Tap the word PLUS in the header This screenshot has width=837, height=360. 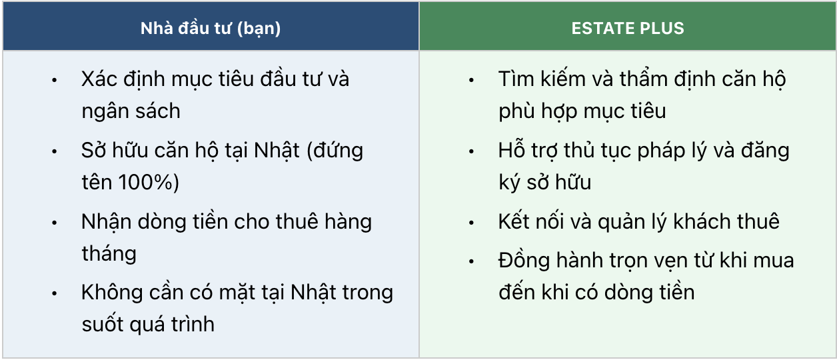(x=662, y=29)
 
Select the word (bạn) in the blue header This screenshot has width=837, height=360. (x=259, y=29)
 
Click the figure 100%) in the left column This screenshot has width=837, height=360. (x=149, y=183)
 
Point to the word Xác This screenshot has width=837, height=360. (x=99, y=79)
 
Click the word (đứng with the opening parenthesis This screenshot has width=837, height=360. (x=335, y=151)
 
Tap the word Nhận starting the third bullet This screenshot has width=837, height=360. (x=107, y=222)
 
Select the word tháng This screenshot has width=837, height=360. (x=109, y=254)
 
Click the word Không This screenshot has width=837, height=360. (x=112, y=293)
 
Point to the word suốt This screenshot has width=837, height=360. (x=103, y=325)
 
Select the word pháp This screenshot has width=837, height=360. (x=661, y=151)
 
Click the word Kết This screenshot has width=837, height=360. (x=514, y=222)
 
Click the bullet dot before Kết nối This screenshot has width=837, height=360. (x=472, y=223)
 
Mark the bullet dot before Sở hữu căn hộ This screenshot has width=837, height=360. (x=55, y=151)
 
